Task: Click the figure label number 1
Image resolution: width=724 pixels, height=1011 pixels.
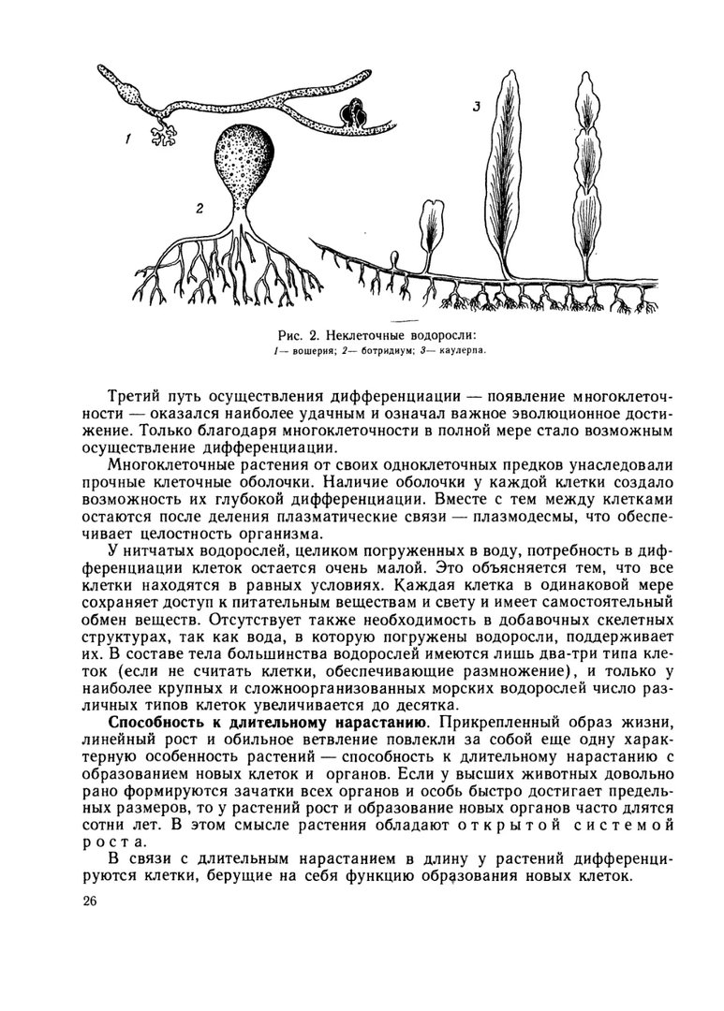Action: pyautogui.click(x=127, y=141)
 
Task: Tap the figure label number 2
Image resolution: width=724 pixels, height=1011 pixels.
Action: pyautogui.click(x=199, y=208)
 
